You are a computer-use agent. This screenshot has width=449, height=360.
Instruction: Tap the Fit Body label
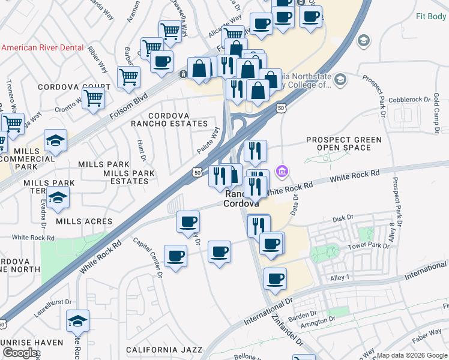click(x=431, y=16)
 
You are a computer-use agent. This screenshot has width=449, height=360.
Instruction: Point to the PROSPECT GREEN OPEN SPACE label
click(x=343, y=144)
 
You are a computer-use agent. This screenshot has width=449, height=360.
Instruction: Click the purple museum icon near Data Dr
click(x=282, y=172)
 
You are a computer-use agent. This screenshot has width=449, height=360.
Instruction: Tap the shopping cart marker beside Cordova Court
click(x=93, y=97)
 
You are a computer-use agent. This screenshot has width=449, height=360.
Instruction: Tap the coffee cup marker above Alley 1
click(x=275, y=278)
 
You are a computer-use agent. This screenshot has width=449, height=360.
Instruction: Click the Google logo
click(x=20, y=353)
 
